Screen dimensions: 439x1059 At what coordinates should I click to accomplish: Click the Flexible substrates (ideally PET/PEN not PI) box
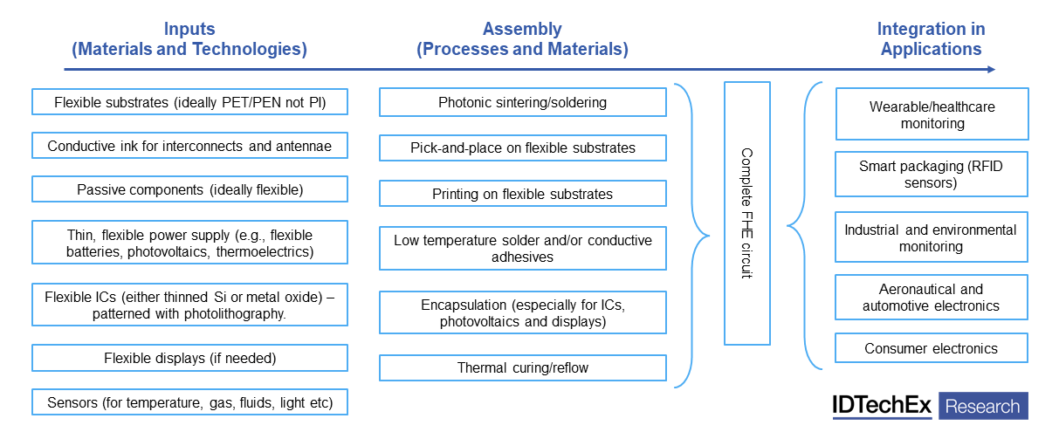pos(189,102)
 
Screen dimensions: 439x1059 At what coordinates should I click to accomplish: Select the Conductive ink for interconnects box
pos(189,146)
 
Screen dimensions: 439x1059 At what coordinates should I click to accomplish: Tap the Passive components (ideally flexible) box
pos(189,189)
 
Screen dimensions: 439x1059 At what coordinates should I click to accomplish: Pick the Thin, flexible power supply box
pos(189,244)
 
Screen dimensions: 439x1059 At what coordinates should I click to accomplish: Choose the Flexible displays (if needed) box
pos(189,358)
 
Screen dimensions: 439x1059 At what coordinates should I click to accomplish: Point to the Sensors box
pos(189,402)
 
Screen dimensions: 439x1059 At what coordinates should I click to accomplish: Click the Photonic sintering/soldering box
pos(522,102)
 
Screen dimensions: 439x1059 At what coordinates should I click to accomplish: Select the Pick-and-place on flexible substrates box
pos(522,147)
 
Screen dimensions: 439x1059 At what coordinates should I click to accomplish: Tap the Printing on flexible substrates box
pos(522,193)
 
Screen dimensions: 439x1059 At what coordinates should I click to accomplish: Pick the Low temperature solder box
pos(522,248)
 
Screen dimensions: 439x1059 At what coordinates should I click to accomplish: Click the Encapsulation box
pos(522,312)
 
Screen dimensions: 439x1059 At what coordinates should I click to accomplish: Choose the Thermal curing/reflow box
pos(522,367)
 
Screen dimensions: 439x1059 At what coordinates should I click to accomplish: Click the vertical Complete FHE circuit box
pos(746,213)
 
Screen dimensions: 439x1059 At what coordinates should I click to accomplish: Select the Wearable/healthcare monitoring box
pos(932,114)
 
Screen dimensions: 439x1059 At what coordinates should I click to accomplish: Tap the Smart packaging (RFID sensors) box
pos(932,174)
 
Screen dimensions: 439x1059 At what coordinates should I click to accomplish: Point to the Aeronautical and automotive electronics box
pos(932,297)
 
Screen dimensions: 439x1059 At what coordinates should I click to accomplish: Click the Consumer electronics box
pos(932,348)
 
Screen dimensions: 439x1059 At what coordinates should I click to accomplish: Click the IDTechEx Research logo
pos(930,406)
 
